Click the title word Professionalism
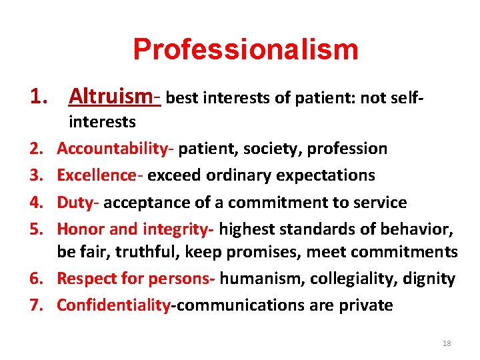pyautogui.click(x=245, y=49)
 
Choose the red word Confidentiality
pyautogui.click(x=113, y=305)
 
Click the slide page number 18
pyautogui.click(x=446, y=343)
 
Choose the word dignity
pyautogui.click(x=430, y=279)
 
